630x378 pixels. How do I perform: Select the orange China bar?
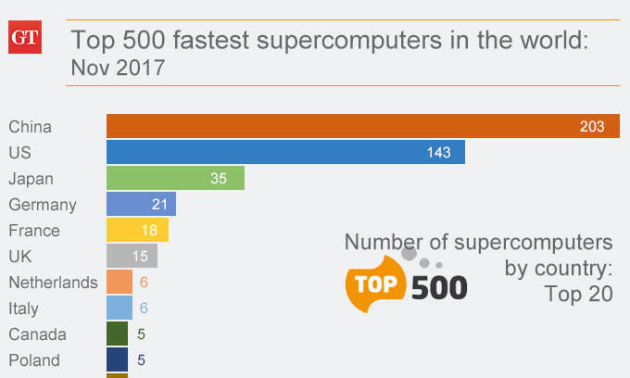[x=361, y=126]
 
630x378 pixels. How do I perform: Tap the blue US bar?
[x=285, y=152]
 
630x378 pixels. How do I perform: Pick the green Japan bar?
[x=175, y=178]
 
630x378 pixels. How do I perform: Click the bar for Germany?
[x=141, y=204]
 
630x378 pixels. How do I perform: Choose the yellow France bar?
[x=137, y=230]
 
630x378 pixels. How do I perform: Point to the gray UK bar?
[x=132, y=256]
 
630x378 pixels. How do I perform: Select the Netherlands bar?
[x=120, y=282]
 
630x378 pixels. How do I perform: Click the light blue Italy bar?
[x=120, y=308]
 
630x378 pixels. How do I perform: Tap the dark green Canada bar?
[x=117, y=334]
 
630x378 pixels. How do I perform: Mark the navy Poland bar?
[x=117, y=359]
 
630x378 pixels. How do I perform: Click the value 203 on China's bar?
[x=593, y=127]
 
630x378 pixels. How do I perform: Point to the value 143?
[x=439, y=153]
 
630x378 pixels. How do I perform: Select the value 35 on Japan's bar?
[x=219, y=179]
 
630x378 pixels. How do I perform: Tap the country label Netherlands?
[x=53, y=283]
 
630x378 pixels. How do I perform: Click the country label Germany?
[x=43, y=205]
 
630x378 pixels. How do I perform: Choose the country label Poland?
[x=34, y=360]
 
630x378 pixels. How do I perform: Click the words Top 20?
[x=578, y=295]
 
